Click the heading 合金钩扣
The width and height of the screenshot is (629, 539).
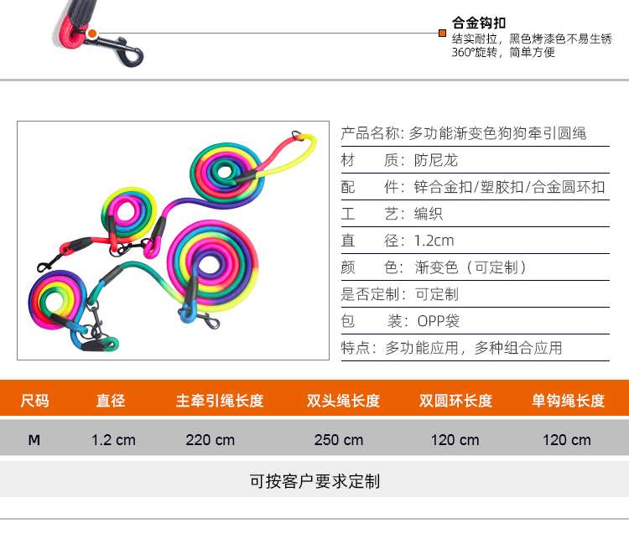point(479,23)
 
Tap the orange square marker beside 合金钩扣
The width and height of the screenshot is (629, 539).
point(442,34)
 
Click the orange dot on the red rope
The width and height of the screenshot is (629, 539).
point(92,34)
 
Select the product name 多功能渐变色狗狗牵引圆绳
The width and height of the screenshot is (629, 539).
point(497,133)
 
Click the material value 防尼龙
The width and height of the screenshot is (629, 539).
point(437,160)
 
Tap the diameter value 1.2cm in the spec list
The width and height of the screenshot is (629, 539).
point(434,241)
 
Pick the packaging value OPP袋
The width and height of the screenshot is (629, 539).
point(438,321)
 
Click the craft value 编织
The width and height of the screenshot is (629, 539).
point(429,214)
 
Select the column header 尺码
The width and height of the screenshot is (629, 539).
point(34,401)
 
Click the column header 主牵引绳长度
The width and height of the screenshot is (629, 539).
point(220,401)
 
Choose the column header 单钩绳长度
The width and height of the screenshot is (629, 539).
point(568,401)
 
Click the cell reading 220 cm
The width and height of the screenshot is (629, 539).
point(210,440)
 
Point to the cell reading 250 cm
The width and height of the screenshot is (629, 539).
point(339,440)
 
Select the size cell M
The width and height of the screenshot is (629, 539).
point(34,440)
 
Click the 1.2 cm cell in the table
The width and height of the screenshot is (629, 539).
point(113,440)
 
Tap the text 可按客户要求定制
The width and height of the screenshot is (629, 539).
point(314,481)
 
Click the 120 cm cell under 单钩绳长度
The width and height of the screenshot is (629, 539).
point(567,440)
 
